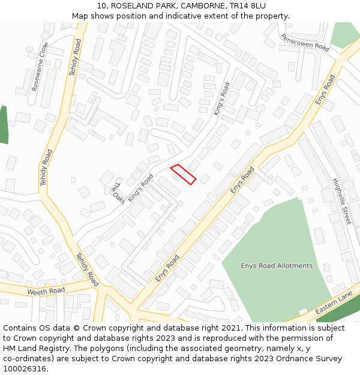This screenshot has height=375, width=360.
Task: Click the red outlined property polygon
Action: click(x=184, y=174)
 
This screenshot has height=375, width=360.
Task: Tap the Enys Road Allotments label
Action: click(x=277, y=266)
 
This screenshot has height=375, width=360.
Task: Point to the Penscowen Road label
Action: click(x=305, y=42)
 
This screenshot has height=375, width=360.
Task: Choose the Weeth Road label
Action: click(x=46, y=291)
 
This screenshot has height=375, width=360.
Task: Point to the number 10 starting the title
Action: click(x=100, y=5)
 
